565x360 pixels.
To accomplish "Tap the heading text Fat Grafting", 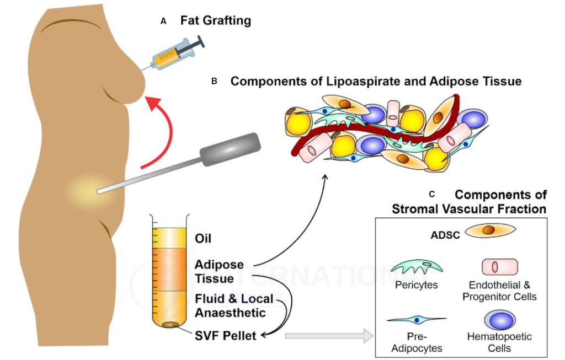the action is point(216,20).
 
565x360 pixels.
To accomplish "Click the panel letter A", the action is point(163,22).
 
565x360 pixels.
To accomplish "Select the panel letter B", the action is point(215,82).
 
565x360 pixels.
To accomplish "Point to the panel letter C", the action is point(432,195).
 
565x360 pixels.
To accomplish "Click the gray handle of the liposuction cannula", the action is point(230,149).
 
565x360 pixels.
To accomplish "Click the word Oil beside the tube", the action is point(203,238).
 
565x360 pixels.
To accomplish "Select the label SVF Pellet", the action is point(225,336).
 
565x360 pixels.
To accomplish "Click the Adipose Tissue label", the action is point(219,271).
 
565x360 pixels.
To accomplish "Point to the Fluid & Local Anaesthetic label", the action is point(234,305).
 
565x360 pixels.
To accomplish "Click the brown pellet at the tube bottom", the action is point(169,325).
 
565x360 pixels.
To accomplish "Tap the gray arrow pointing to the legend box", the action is point(329,336).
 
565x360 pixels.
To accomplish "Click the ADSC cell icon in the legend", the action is point(490,230).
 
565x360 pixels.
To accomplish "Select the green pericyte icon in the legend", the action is point(417,267).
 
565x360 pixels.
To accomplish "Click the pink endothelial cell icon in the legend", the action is point(500,267).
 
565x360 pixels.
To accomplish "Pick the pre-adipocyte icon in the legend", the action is point(417,319).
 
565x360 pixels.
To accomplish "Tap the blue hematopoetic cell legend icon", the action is point(500,320).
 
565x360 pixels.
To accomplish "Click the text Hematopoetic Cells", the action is point(499,342).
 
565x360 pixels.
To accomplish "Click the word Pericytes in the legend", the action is point(417,285).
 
